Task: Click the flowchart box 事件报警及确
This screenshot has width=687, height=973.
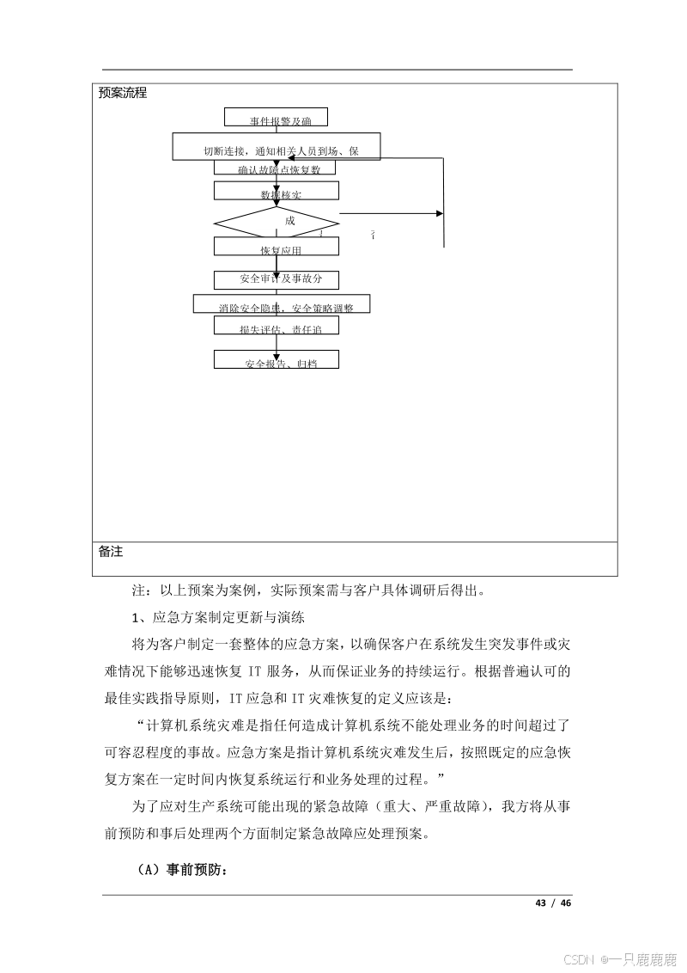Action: click(x=275, y=118)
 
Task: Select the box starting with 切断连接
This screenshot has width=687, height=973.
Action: click(x=277, y=147)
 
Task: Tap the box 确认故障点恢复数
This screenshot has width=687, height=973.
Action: click(x=275, y=168)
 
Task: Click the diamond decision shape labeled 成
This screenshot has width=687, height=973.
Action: click(x=277, y=222)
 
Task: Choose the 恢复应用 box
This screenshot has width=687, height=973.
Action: click(x=276, y=247)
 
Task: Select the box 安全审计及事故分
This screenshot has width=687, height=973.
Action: click(x=276, y=279)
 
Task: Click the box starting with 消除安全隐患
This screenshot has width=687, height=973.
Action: click(x=281, y=304)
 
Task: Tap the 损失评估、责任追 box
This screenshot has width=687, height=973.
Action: click(x=276, y=326)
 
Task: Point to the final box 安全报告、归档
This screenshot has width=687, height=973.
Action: click(x=276, y=360)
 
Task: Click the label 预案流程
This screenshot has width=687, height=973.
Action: click(x=123, y=93)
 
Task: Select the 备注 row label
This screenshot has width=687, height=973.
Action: click(x=111, y=552)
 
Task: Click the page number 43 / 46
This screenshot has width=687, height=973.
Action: click(x=552, y=903)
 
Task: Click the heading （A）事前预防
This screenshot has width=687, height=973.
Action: click(x=181, y=870)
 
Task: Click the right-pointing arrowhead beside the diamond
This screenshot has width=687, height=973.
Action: click(x=441, y=213)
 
